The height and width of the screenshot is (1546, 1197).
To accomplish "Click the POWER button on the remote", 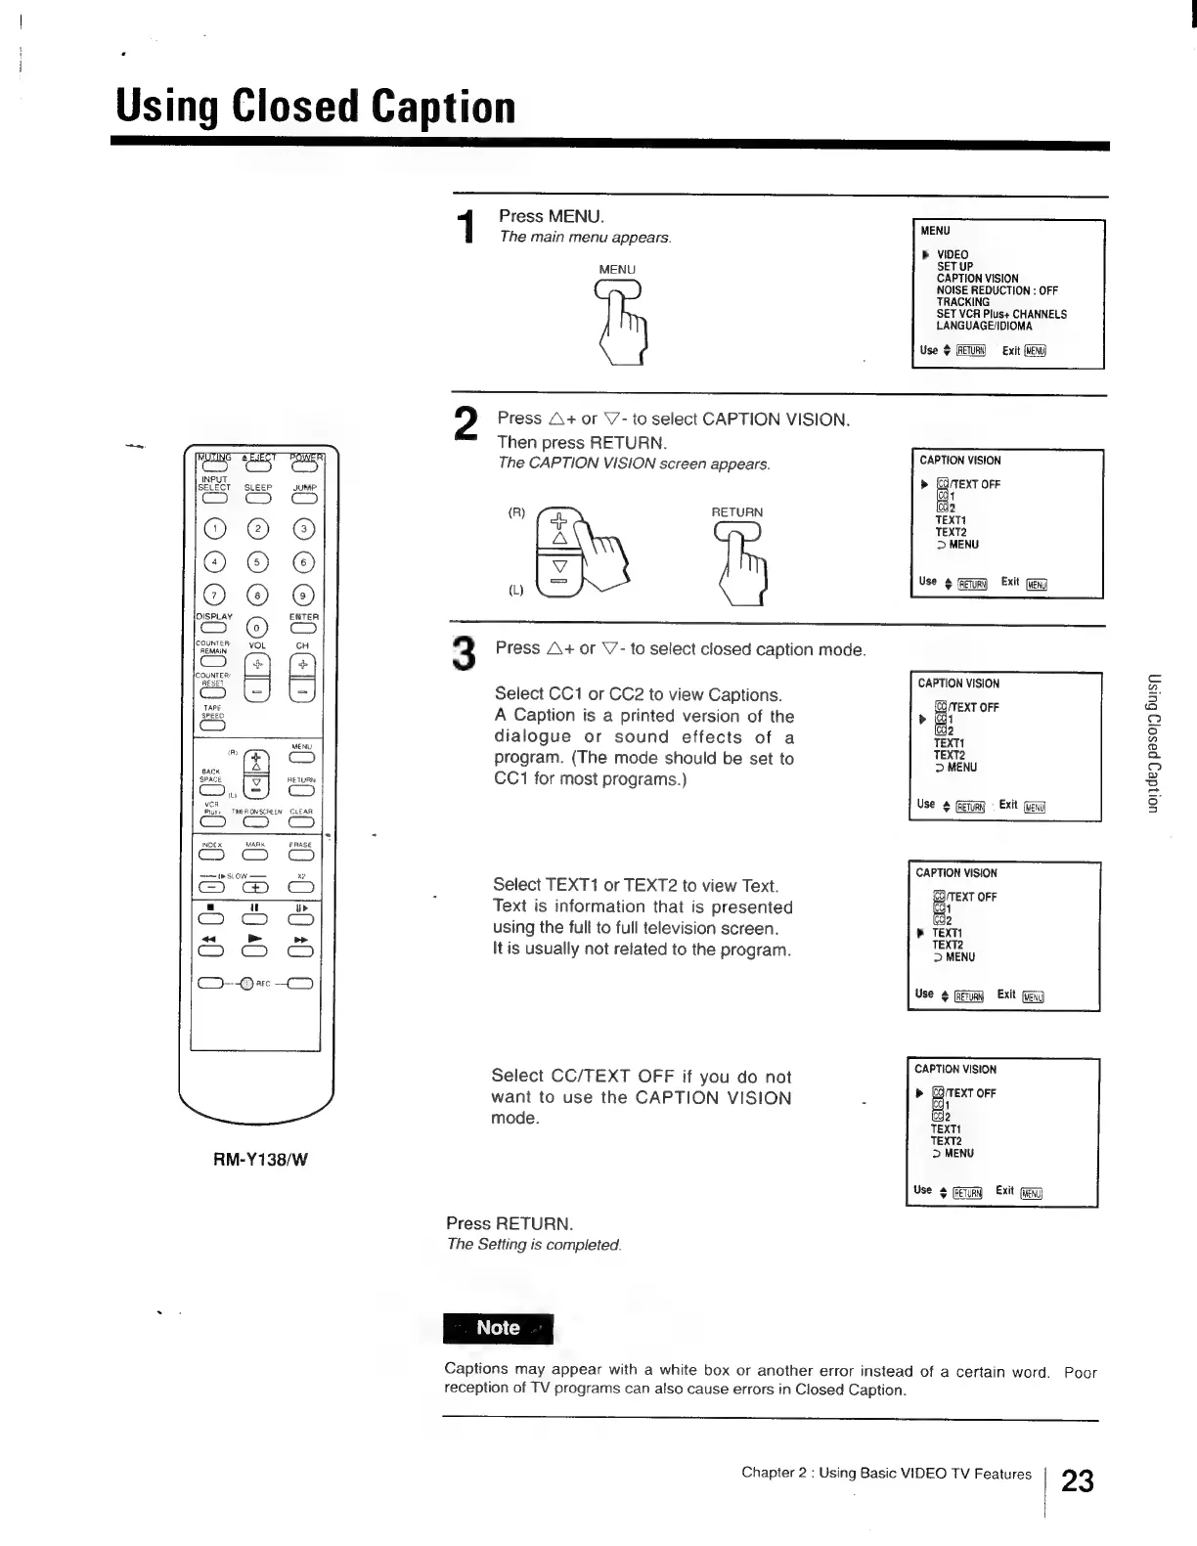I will point(307,466).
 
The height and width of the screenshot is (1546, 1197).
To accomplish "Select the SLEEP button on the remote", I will point(257,499).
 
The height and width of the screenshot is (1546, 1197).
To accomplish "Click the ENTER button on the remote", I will point(303,629).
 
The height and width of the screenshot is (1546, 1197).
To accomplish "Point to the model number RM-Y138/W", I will point(261,1160).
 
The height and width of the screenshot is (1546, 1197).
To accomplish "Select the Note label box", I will point(498,1328).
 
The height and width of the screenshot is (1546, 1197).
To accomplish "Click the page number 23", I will point(1077,1480).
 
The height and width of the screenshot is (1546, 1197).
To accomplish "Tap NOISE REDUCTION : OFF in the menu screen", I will point(997,290).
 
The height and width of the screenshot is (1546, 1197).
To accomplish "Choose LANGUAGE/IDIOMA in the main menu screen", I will point(984,327).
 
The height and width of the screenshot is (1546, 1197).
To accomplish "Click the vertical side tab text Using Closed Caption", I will point(1154,743).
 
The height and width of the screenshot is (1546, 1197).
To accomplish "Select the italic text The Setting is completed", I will point(534,1245).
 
